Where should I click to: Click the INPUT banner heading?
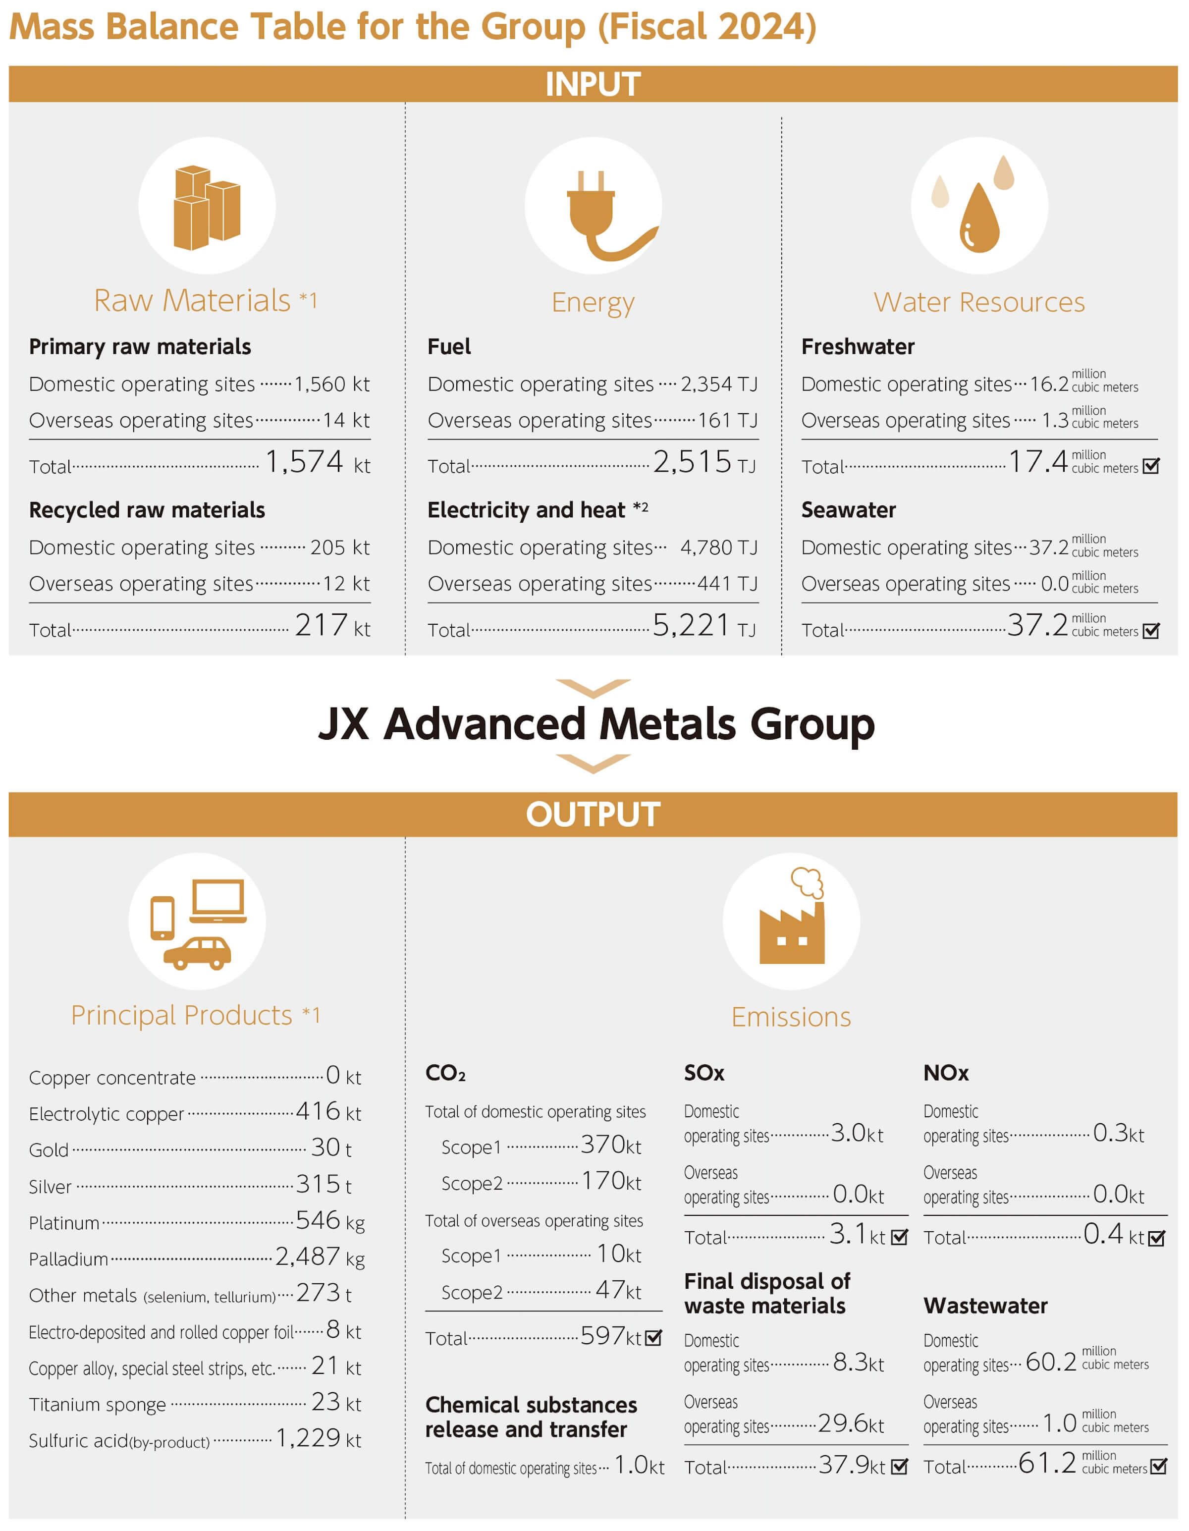point(593,84)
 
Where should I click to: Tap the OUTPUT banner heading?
point(593,815)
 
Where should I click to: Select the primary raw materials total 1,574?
point(304,462)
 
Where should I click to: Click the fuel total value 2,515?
point(692,462)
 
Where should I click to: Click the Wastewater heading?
point(985,1306)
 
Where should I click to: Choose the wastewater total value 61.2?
point(1047,1463)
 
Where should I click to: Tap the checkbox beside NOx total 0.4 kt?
point(1157,1238)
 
